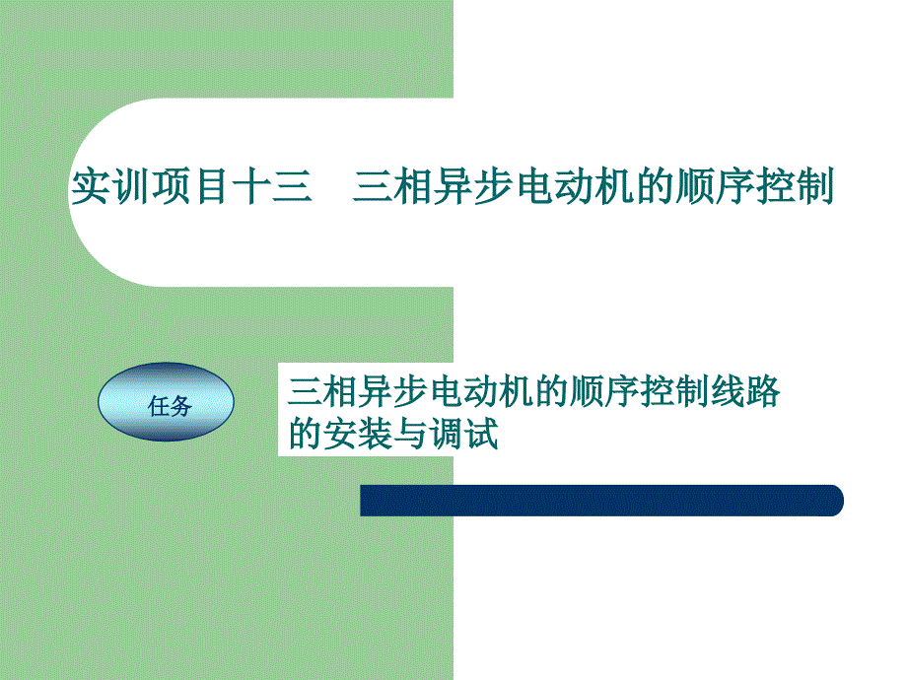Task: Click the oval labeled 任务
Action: [x=166, y=402]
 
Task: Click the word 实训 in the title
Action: [x=109, y=187]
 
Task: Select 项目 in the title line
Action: [x=189, y=187]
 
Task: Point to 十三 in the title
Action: [x=272, y=187]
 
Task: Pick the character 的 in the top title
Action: [x=655, y=187]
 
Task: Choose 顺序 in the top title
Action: [x=715, y=187]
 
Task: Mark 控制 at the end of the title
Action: [x=795, y=187]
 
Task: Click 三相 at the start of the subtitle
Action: [x=322, y=392]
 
